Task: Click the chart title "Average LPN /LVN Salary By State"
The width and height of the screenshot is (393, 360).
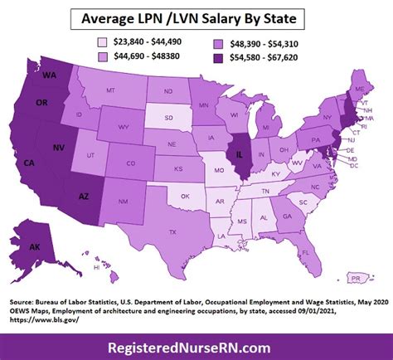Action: [x=196, y=17]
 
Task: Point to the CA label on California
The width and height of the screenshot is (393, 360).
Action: [x=29, y=162]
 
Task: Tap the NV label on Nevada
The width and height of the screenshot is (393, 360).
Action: [x=56, y=145]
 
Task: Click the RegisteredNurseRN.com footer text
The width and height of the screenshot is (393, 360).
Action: [x=196, y=344]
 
